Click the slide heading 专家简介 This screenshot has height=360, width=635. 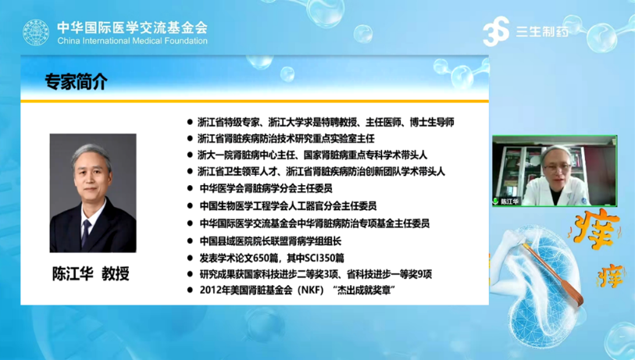coord(76,82)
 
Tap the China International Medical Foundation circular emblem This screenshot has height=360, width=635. coord(36,32)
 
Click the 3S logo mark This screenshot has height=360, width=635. coord(496,31)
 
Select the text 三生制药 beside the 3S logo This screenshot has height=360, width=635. coord(542,31)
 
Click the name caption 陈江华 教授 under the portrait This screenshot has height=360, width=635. coord(91,274)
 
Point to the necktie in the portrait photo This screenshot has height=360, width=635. coord(86,233)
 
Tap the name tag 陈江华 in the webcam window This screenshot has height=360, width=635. coord(509,201)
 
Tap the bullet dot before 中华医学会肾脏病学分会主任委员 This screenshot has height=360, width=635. coord(190,188)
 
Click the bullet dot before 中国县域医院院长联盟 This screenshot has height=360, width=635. coord(190,241)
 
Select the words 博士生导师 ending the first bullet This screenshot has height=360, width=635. coord(432,122)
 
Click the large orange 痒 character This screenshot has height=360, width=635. coord(596,230)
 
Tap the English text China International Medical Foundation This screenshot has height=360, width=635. coord(133,41)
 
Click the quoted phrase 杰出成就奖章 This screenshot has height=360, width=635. coord(364,290)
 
